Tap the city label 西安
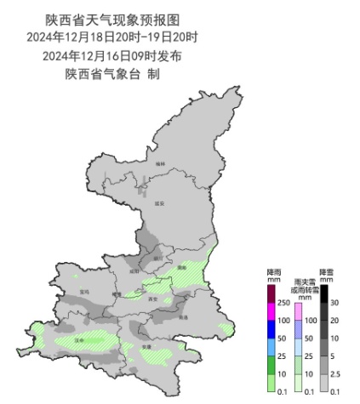tap(152, 299)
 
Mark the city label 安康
tap(146, 347)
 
